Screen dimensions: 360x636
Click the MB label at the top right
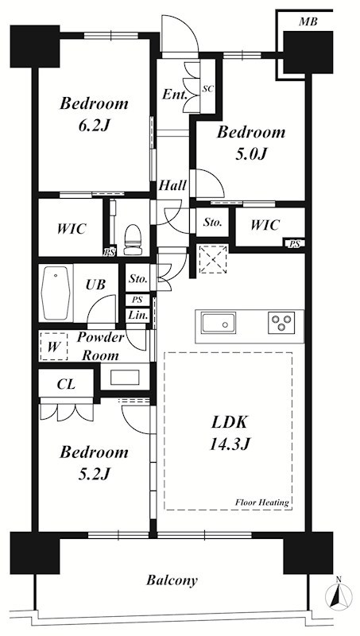tap(308, 21)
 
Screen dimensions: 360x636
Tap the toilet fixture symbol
tap(132, 240)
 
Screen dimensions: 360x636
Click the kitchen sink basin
tap(219, 324)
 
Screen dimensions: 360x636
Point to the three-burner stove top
tap(281, 324)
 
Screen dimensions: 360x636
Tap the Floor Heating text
tap(262, 502)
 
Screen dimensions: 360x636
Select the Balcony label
tap(172, 580)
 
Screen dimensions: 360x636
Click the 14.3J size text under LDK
tap(229, 444)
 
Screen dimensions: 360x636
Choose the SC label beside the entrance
tap(208, 90)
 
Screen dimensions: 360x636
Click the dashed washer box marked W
tap(54, 347)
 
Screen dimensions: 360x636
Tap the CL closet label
tap(66, 384)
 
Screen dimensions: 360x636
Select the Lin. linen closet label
tap(137, 316)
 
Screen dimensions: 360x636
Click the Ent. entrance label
tap(175, 95)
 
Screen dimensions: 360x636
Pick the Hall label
tap(172, 186)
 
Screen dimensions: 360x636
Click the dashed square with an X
tap(213, 259)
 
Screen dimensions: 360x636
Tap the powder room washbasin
tap(126, 377)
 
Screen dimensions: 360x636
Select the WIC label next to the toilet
tap(71, 229)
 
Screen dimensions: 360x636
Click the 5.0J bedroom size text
tap(251, 154)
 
